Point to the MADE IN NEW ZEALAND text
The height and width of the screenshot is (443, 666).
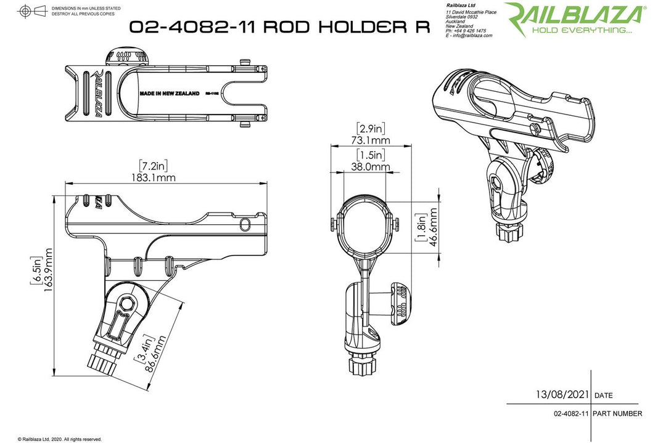pos(170,94)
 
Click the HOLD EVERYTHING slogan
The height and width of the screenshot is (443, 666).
pos(582,30)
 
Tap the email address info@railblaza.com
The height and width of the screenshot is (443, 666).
pos(471,36)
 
